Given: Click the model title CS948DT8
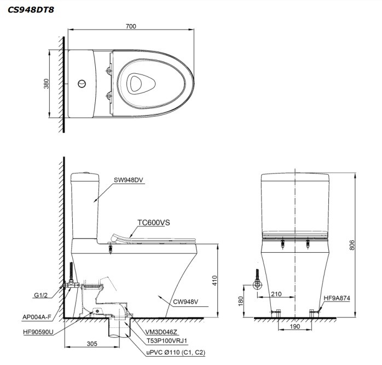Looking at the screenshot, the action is [31, 10].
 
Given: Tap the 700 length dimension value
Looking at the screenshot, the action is [131, 26].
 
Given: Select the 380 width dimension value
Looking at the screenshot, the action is [46, 84].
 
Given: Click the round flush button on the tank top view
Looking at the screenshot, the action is [82, 84].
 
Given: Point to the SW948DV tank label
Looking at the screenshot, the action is [129, 180].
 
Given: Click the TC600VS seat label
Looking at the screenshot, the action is [154, 223].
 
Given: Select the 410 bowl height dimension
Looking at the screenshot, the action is [215, 280].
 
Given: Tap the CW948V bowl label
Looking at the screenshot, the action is [186, 302].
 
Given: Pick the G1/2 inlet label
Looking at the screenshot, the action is [40, 295].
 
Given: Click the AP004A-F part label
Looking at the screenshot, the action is [37, 317].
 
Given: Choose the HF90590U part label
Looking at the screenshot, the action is [38, 332].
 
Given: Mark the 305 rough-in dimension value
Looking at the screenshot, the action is [92, 344].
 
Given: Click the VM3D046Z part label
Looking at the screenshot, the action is [161, 332].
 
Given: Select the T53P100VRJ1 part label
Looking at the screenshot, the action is [167, 340].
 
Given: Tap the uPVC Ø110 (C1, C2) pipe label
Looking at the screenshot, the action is [176, 352].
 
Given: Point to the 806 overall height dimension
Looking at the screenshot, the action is [352, 245].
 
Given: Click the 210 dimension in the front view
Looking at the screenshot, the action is [276, 294].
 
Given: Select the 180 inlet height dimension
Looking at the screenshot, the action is [241, 301].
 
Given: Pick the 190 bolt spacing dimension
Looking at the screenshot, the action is [295, 327].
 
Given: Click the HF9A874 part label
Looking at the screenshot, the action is [337, 298].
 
